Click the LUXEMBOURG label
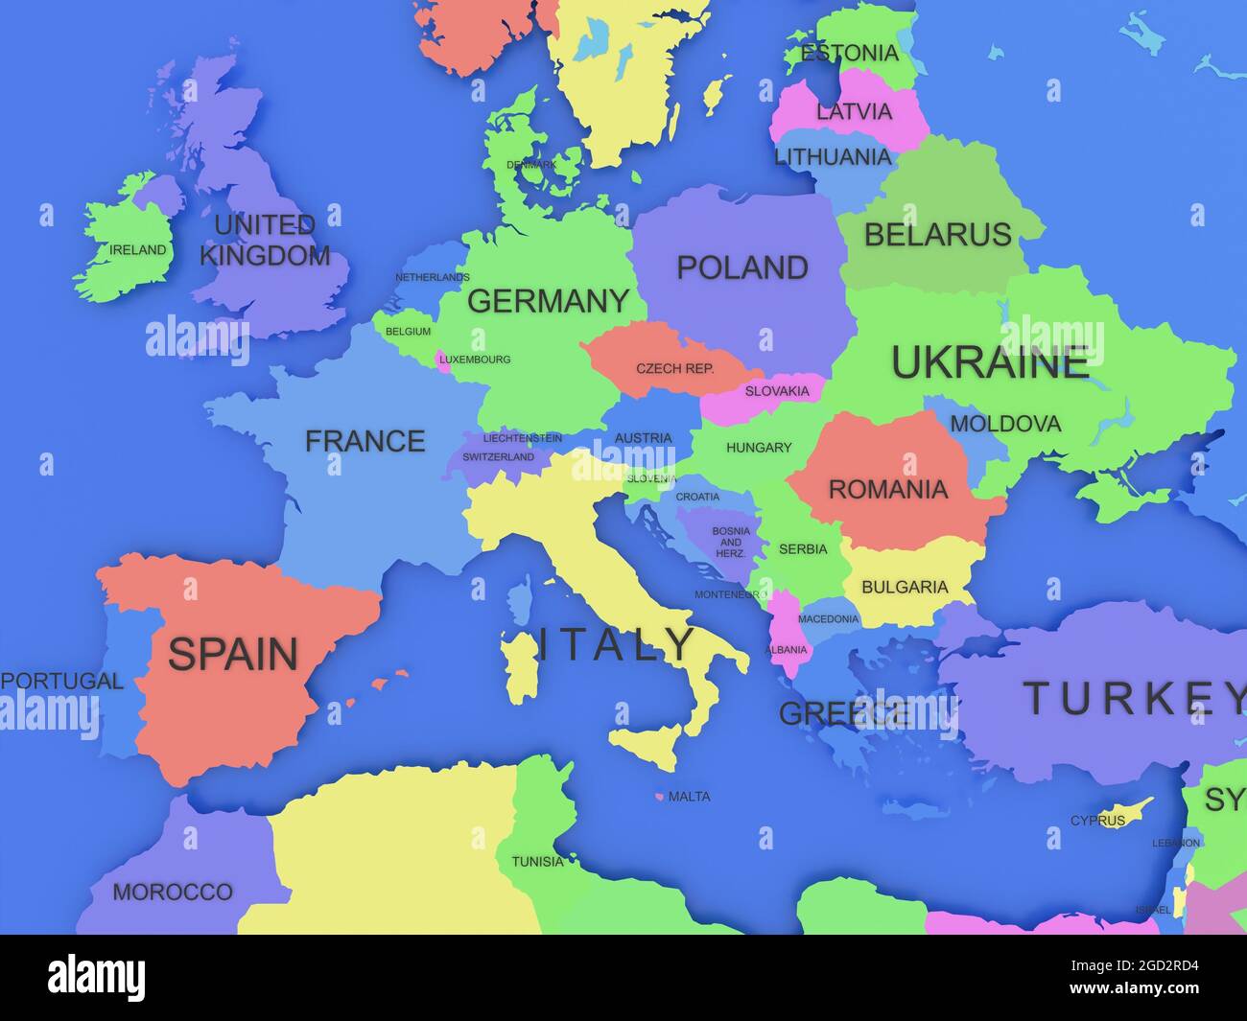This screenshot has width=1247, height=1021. click(x=475, y=360)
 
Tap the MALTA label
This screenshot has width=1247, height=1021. click(x=689, y=797)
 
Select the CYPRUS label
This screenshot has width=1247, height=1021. click(x=1097, y=821)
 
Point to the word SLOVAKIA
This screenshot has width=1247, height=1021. click(x=777, y=391)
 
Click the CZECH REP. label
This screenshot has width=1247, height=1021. click(x=675, y=368)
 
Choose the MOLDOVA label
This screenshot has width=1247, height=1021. click(x=1005, y=424)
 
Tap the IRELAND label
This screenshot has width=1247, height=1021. click(x=137, y=250)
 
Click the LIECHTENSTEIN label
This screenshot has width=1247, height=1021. click(x=522, y=438)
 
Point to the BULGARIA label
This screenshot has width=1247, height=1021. click(x=905, y=587)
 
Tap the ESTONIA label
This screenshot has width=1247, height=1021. click(x=849, y=53)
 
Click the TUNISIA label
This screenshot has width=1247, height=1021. click(x=537, y=862)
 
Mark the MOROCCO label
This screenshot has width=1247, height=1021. click(x=173, y=893)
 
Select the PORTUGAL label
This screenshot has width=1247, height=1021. click(x=62, y=682)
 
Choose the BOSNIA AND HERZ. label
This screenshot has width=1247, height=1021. click(x=731, y=542)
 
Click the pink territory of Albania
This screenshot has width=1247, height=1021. click(x=788, y=633)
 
